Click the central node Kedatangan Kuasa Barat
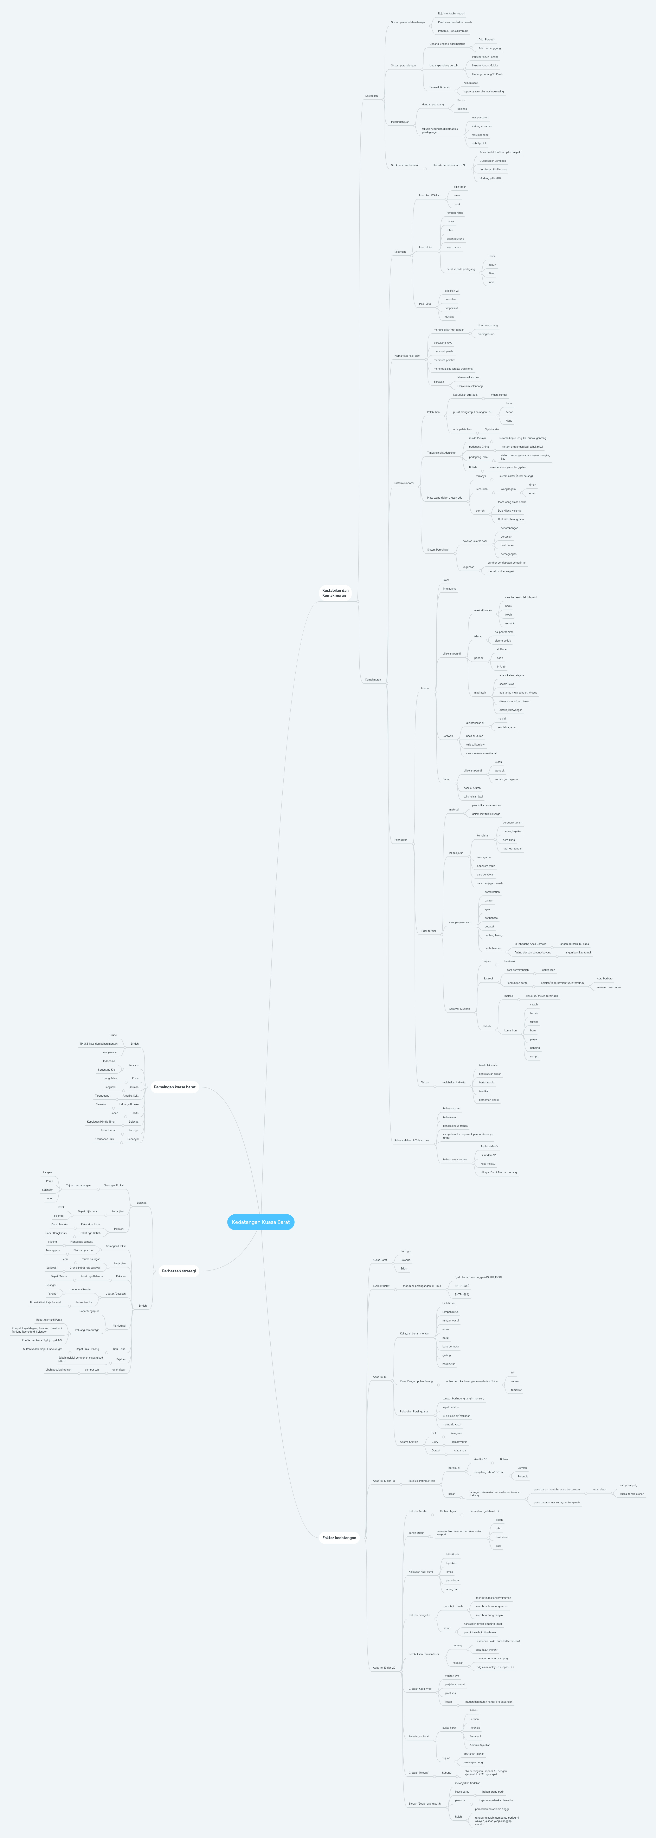261,1222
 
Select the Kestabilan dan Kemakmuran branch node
335,593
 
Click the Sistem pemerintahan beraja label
408,22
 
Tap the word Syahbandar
492,429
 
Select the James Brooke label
84,1302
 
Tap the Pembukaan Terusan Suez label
424,1653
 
